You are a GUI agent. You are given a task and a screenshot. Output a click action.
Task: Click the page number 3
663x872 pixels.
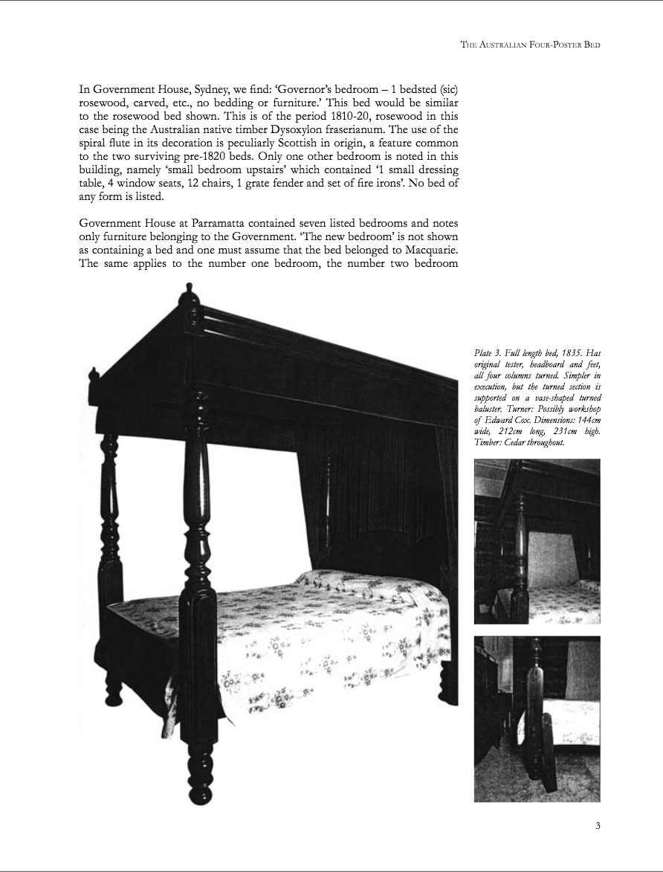tap(598, 825)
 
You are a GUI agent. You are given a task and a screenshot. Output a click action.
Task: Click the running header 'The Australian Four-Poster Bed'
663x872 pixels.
tap(530, 45)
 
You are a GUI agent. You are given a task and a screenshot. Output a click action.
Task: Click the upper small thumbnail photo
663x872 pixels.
tap(537, 540)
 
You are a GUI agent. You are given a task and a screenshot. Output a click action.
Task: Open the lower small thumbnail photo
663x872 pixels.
tap(537, 718)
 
